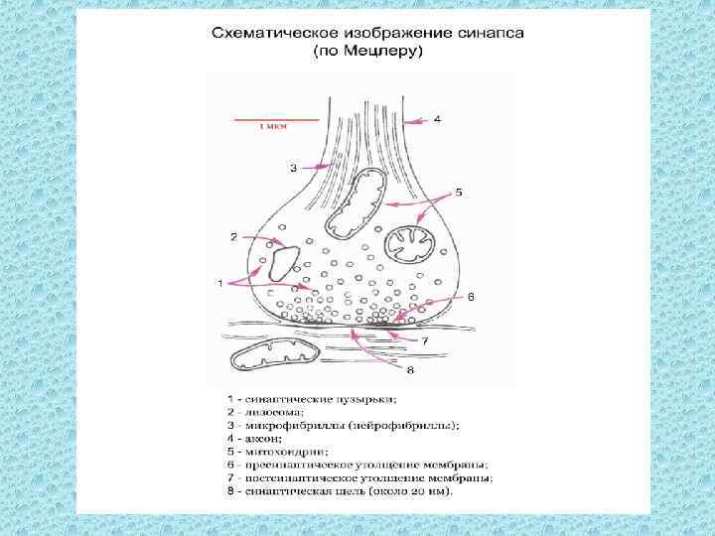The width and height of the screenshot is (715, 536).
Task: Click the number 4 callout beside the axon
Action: tap(438, 119)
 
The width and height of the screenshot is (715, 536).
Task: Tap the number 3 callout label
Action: tap(293, 169)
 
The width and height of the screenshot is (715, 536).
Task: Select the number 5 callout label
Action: tap(458, 191)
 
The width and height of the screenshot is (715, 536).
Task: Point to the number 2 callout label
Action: tap(233, 237)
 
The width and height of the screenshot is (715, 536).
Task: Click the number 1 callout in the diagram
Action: tap(219, 284)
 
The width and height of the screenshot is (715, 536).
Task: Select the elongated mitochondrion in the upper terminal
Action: tap(356, 203)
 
